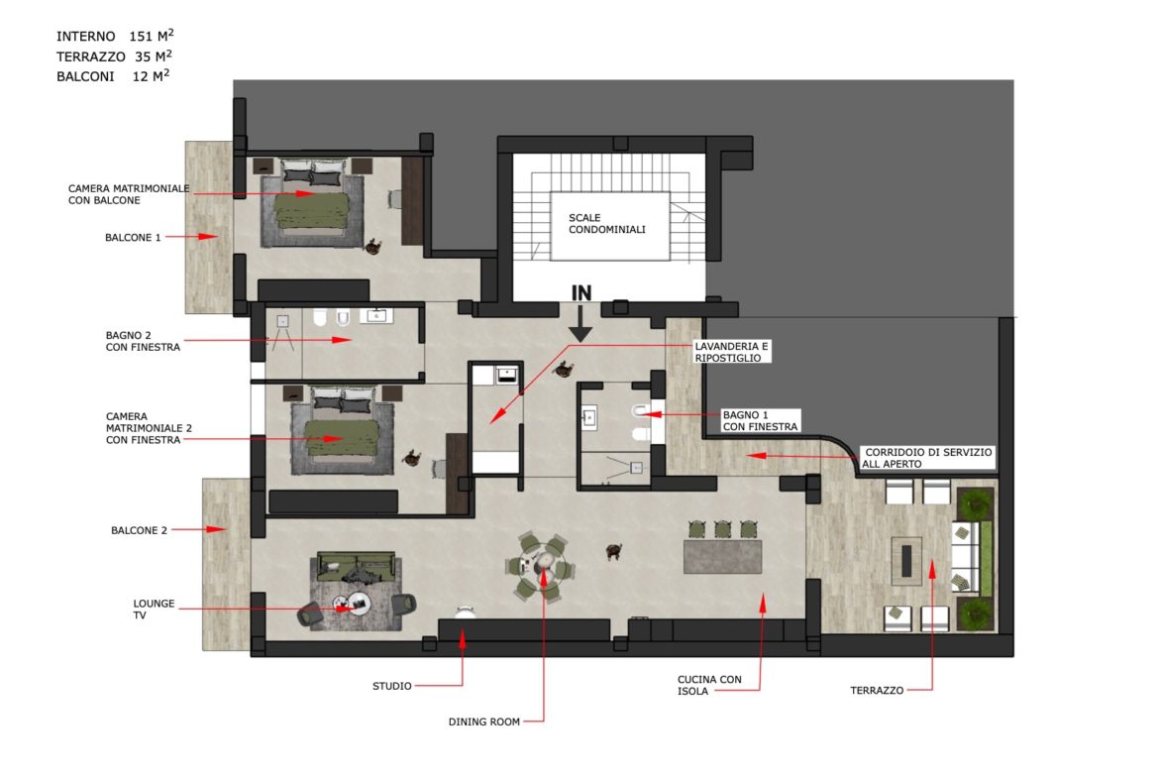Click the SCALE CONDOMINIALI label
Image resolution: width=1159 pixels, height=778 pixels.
(x=607, y=223)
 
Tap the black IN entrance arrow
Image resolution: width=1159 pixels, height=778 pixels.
(x=580, y=323)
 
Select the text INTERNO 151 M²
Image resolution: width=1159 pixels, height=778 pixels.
(x=115, y=36)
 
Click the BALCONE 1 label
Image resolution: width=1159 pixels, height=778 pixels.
(x=133, y=238)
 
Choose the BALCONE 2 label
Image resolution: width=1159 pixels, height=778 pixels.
(x=139, y=530)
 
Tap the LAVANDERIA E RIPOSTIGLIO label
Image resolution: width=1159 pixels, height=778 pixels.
(x=731, y=352)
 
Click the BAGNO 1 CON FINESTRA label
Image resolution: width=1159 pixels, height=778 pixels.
(x=760, y=421)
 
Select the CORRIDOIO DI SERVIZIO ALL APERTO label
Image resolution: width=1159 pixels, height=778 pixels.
(x=927, y=458)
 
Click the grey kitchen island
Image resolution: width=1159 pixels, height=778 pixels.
(x=722, y=557)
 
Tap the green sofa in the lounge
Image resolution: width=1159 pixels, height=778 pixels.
(x=356, y=566)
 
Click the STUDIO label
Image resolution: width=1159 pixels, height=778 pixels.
(x=391, y=686)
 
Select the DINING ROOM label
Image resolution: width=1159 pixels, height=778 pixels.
(x=484, y=722)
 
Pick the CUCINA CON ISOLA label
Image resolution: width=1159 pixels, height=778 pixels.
(x=709, y=685)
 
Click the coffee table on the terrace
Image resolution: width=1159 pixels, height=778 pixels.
(x=906, y=556)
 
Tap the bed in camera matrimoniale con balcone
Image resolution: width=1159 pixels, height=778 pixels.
(x=311, y=201)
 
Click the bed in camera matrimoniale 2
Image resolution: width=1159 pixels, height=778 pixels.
(x=342, y=431)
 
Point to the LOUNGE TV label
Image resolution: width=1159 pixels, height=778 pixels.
(x=154, y=610)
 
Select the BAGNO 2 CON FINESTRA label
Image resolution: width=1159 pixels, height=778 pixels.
(x=143, y=341)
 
